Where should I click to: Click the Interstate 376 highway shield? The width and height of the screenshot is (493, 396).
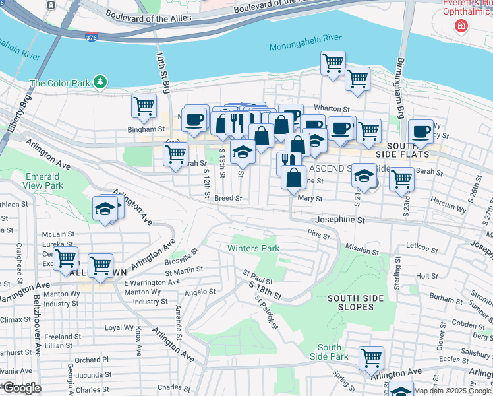[92, 38]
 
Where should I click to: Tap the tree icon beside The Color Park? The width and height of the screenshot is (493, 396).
[100, 82]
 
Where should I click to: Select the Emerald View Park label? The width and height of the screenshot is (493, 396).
[43, 181]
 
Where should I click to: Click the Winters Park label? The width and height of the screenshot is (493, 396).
[253, 249]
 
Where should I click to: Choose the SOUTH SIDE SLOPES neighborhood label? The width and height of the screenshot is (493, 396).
[355, 303]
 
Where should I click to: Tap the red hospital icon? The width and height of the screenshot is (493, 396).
[462, 27]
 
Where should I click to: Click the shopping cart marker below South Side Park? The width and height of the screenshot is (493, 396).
[371, 357]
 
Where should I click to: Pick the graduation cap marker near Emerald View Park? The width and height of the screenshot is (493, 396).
[104, 209]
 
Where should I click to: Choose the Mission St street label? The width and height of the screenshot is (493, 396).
[362, 251]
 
